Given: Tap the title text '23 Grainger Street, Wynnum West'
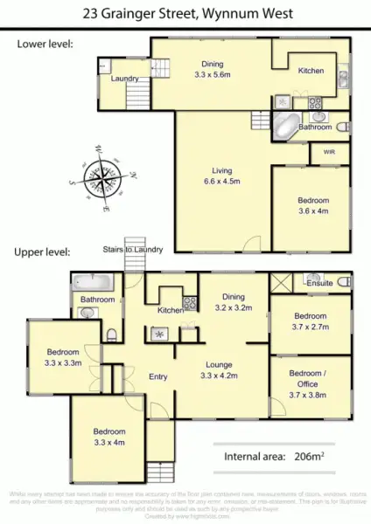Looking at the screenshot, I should pos(185,14).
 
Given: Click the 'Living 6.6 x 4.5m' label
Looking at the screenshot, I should pos(225,176).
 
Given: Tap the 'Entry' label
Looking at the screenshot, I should pos(158,376).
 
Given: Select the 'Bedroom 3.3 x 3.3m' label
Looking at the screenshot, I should pos(63,357).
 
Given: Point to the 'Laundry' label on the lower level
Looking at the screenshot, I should pos(126,79).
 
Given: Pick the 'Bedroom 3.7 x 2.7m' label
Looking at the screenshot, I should pos(310,321).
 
